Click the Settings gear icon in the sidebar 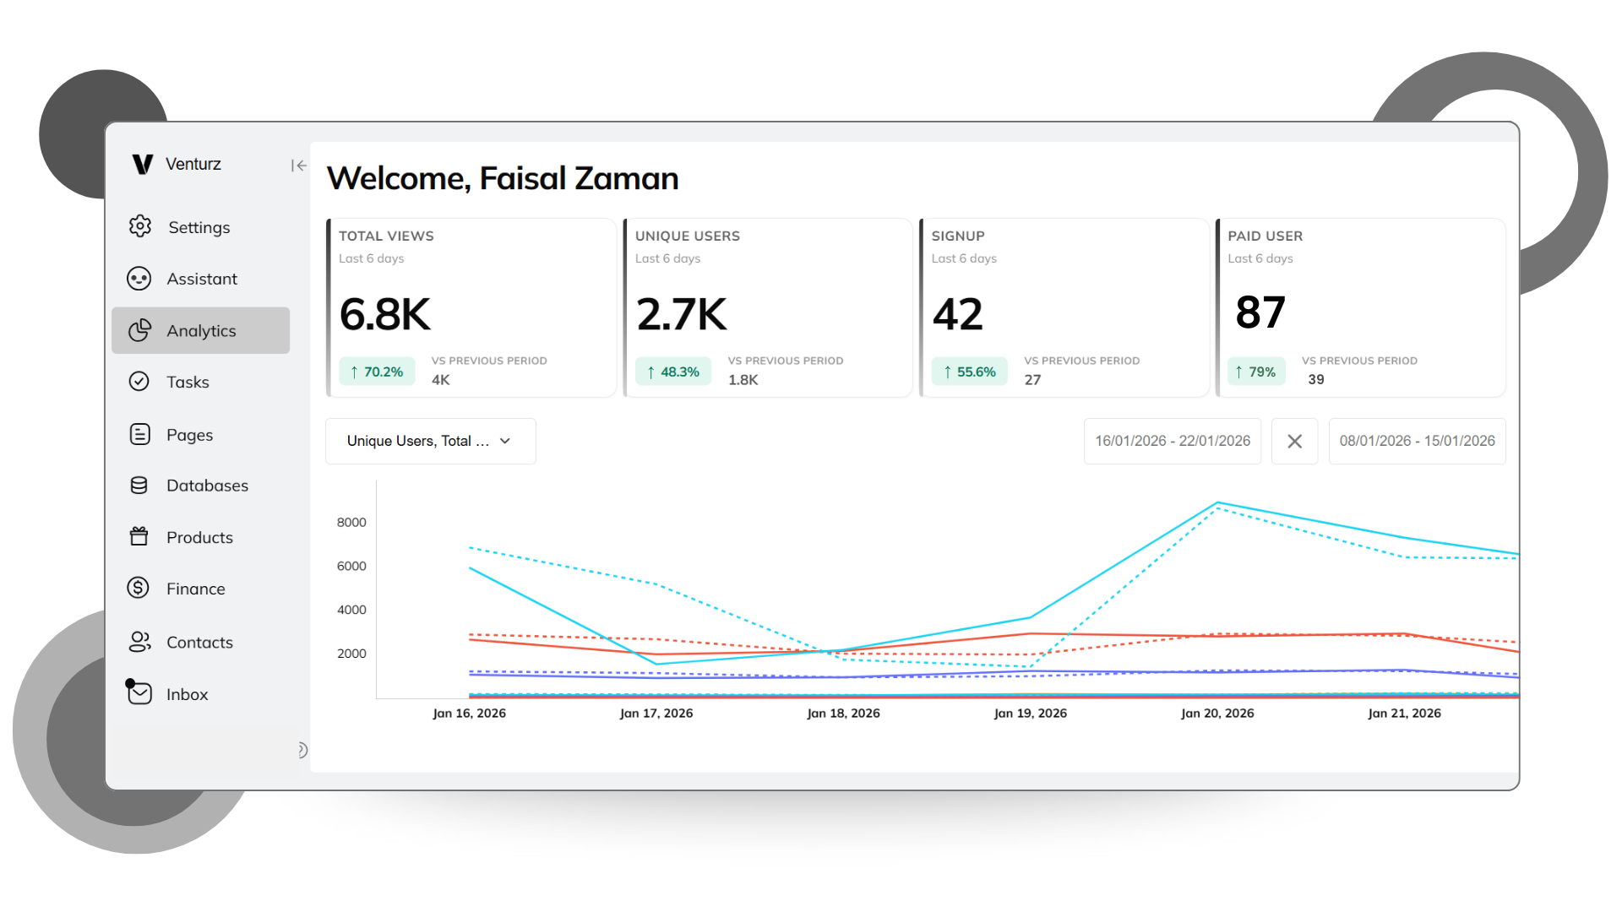[140, 226]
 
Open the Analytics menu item [200, 330]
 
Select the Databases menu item [206, 486]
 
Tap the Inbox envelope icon [139, 693]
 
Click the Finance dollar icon [139, 588]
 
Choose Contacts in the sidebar [199, 642]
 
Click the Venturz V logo [143, 164]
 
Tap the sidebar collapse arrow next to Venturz [298, 166]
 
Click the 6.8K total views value [385, 314]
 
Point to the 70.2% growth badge [377, 372]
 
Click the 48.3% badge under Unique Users [673, 372]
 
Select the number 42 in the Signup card [957, 314]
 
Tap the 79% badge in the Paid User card [1255, 372]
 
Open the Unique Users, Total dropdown [430, 441]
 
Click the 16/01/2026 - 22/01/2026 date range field [1172, 441]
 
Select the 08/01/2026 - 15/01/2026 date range [1417, 441]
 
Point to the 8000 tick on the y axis [351, 523]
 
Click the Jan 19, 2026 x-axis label [1030, 714]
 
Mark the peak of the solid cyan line [1217, 503]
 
